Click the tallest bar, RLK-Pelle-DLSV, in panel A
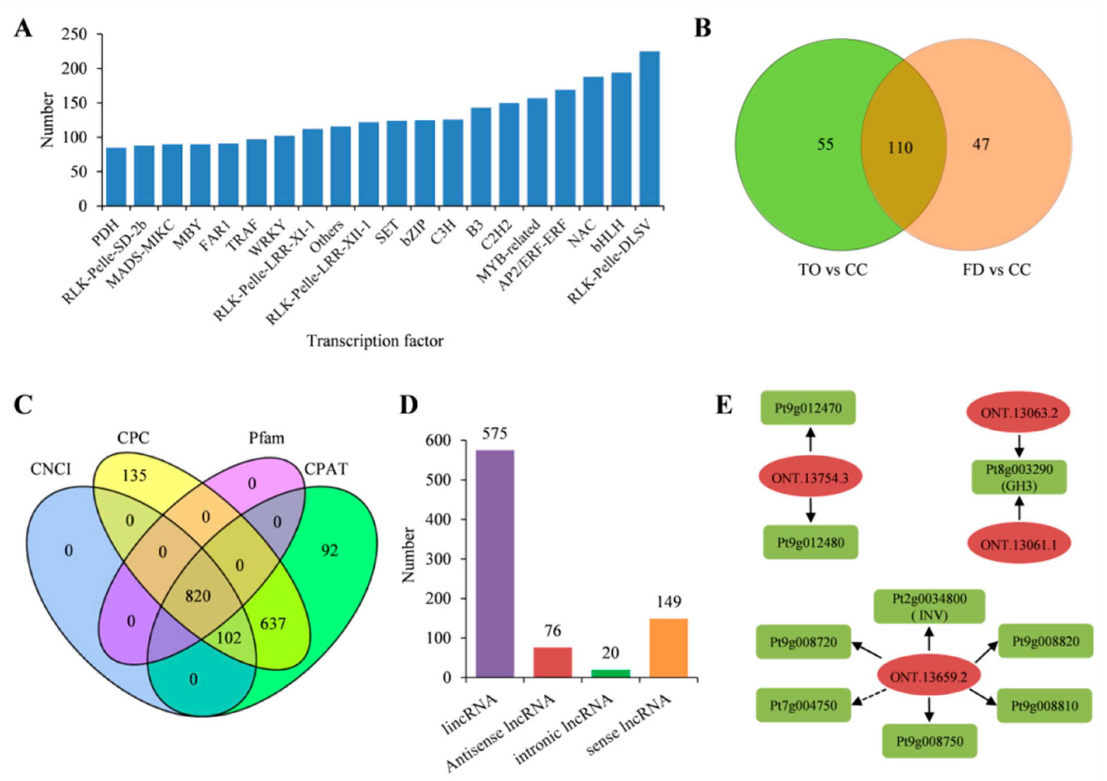pyautogui.click(x=649, y=129)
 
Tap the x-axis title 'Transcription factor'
pyautogui.click(x=375, y=341)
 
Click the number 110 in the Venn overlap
pyautogui.click(x=900, y=148)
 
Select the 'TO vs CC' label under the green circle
pyautogui.click(x=833, y=269)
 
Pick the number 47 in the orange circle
pyautogui.click(x=981, y=144)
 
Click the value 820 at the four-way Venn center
pyautogui.click(x=198, y=596)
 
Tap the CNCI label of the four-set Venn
pyautogui.click(x=51, y=468)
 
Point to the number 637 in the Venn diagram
pyautogui.click(x=273, y=624)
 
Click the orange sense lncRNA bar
pyautogui.click(x=668, y=648)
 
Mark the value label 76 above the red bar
pyautogui.click(x=553, y=630)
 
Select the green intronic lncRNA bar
pyautogui.click(x=610, y=673)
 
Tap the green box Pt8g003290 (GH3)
pyautogui.click(x=1018, y=478)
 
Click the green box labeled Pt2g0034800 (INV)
pyautogui.click(x=929, y=606)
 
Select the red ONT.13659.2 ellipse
pyautogui.click(x=928, y=677)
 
